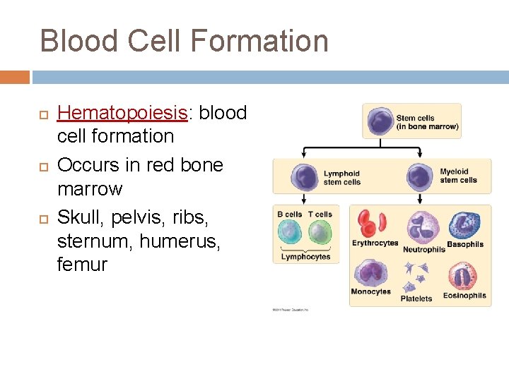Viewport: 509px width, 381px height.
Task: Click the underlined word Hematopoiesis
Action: pyautogui.click(x=122, y=113)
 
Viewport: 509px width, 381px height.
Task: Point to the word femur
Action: pyautogui.click(x=82, y=265)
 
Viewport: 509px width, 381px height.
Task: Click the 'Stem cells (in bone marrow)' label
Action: pyautogui.click(x=427, y=123)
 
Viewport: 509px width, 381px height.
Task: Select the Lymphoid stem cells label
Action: pyautogui.click(x=341, y=178)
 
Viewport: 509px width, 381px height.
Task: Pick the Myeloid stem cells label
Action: pyautogui.click(x=458, y=176)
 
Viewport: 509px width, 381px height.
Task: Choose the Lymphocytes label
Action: pyautogui.click(x=305, y=257)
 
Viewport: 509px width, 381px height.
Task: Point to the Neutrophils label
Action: pyautogui.click(x=423, y=249)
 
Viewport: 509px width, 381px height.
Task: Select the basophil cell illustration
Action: pyautogui.click(x=464, y=226)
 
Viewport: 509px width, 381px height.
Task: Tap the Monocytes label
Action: pyautogui.click(x=370, y=291)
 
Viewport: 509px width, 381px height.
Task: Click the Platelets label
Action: pyautogui.click(x=416, y=298)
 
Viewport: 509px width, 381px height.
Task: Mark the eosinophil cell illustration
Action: pyautogui.click(x=464, y=276)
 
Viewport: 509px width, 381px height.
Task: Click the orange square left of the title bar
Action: pyautogui.click(x=15, y=77)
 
